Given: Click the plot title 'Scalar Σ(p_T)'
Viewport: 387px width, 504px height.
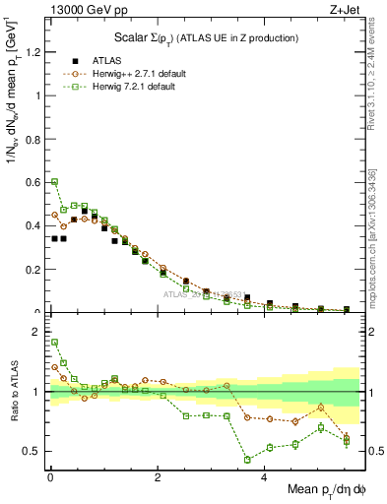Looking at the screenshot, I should (x=204, y=37).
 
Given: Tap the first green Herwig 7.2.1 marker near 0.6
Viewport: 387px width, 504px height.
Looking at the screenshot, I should (x=55, y=182).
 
